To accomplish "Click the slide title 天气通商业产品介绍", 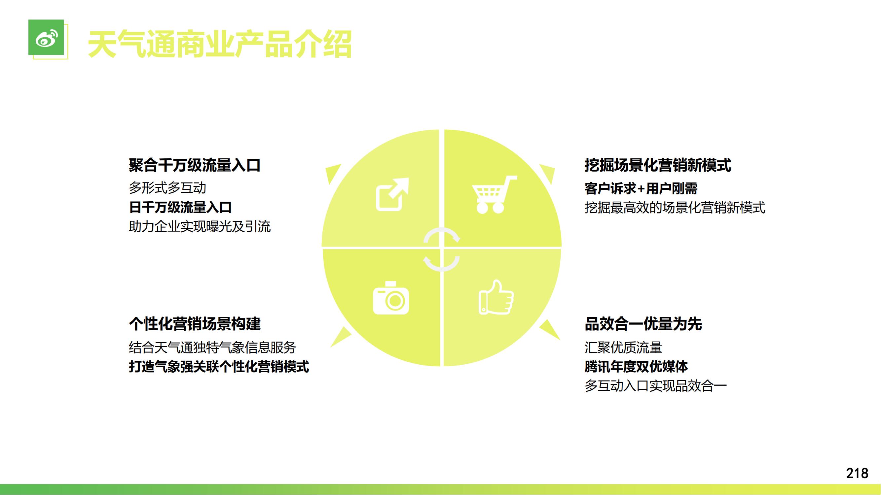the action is (x=220, y=45).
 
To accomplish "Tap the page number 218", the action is (x=857, y=474).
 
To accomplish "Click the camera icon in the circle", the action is (x=390, y=298).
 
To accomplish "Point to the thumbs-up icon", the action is (x=496, y=297).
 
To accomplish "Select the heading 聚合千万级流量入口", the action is (x=195, y=165).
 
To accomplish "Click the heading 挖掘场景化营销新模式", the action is (x=658, y=165).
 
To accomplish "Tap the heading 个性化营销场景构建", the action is (x=195, y=324).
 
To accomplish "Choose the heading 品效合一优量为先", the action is (x=643, y=324).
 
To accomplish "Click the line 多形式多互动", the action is (x=167, y=188).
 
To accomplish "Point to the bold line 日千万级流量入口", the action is (x=180, y=207).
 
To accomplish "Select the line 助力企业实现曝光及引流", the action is (x=200, y=226).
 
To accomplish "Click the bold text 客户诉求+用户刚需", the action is (x=641, y=188).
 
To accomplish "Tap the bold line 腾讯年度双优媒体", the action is (x=636, y=367).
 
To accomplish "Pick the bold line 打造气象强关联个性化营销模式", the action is (x=219, y=367).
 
